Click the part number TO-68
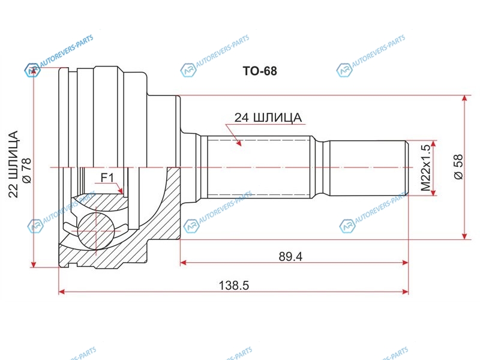click(260, 71)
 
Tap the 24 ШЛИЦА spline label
click(268, 118)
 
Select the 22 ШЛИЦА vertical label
click(13, 164)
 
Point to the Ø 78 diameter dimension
click(27, 170)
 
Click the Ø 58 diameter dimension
click(458, 167)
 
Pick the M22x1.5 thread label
click(425, 168)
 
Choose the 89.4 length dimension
click(290, 257)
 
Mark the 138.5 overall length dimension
click(234, 286)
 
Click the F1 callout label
click(107, 178)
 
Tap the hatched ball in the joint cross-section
click(96, 230)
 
